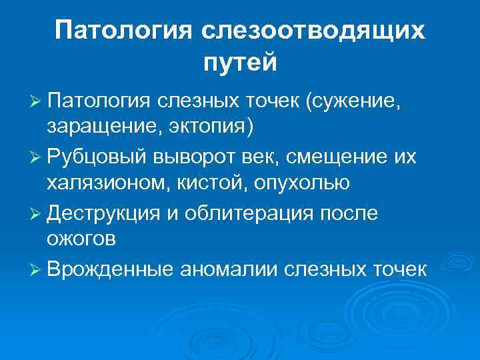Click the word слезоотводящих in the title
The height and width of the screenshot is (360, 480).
click(312, 31)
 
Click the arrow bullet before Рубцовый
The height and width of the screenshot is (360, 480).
click(37, 158)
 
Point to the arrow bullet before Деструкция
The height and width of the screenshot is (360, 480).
click(37, 213)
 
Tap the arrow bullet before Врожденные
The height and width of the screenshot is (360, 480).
click(37, 269)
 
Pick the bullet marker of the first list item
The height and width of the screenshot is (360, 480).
click(37, 103)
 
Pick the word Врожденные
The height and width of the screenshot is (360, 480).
click(110, 269)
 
